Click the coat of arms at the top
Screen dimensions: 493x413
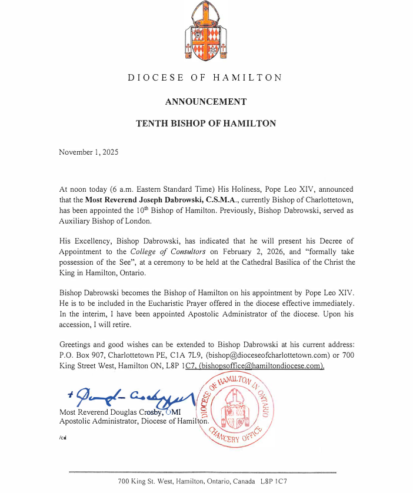pos(205,35)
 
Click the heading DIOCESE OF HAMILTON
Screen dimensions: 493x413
pos(205,78)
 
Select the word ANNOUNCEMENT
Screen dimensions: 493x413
pos(206,102)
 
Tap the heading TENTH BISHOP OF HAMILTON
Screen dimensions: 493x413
pos(206,124)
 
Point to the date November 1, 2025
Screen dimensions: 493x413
pos(89,152)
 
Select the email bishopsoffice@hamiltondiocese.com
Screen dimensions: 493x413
pos(261,365)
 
